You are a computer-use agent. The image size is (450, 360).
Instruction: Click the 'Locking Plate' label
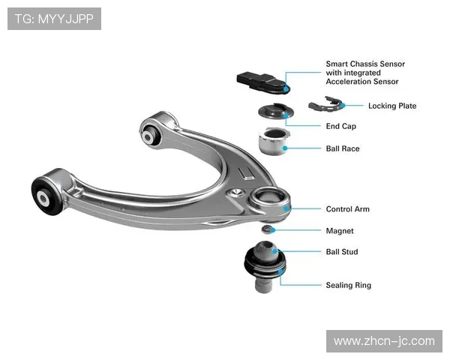click(x=391, y=106)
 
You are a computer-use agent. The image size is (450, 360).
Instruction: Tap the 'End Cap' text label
click(x=340, y=126)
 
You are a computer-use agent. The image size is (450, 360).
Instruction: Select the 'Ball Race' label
click(x=342, y=148)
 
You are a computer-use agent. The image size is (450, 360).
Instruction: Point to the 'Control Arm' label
click(x=347, y=209)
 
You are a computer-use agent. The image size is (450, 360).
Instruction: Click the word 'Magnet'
click(x=339, y=231)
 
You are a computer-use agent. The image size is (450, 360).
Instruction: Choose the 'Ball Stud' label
click(x=341, y=252)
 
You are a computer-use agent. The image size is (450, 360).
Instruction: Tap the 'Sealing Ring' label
click(x=348, y=285)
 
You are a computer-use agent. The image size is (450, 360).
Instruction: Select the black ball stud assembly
click(x=265, y=259)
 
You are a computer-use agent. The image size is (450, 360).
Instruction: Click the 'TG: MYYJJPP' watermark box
click(x=54, y=18)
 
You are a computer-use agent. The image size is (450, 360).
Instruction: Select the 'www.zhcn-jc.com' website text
click(x=383, y=341)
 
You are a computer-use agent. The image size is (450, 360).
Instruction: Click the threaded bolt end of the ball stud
click(x=262, y=286)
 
